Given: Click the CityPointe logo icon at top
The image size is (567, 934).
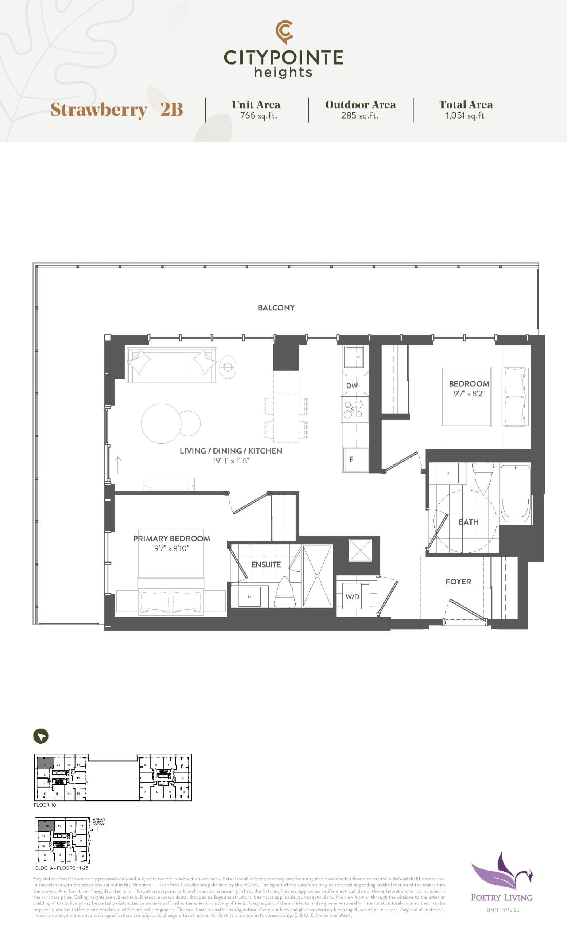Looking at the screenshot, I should (x=284, y=32).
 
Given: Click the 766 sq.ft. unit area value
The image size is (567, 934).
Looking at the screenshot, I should (x=258, y=116).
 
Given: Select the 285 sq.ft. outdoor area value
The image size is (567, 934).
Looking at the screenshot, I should (x=360, y=116).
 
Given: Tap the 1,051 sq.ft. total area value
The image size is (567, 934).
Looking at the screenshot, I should (x=466, y=116).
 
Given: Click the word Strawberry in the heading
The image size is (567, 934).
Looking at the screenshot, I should (x=99, y=110).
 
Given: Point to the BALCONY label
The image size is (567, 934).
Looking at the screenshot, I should (x=276, y=308).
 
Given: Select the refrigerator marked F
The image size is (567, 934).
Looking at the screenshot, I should (x=355, y=459).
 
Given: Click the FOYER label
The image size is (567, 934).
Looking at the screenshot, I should (x=458, y=582).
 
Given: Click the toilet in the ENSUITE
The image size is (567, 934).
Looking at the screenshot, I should (x=285, y=592).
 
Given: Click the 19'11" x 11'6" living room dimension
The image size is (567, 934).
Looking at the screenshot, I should (x=231, y=461).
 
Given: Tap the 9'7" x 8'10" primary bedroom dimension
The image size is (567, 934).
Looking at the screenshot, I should (x=171, y=548).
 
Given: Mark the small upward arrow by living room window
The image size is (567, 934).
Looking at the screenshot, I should (x=118, y=465).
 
